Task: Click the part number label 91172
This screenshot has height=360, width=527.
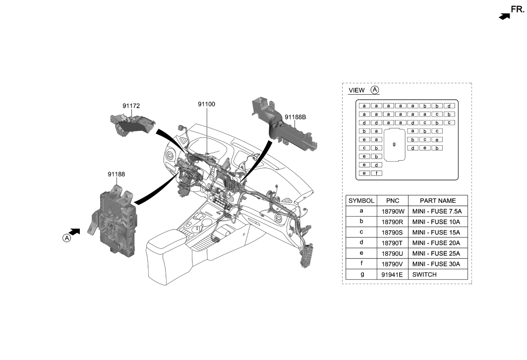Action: (131, 106)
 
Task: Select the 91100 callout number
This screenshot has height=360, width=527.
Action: (206, 105)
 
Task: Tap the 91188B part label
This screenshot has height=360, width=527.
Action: (295, 118)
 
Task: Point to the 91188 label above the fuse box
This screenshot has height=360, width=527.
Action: (117, 174)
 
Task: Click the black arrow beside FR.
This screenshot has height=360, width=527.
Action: (504, 16)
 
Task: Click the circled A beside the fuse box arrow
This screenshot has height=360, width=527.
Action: (66, 238)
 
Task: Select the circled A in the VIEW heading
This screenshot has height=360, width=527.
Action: (375, 90)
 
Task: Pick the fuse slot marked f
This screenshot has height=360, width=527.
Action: (376, 173)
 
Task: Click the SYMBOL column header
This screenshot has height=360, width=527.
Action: (361, 201)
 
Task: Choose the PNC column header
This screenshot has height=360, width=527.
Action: (392, 201)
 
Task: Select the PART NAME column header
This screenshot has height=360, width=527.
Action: (437, 201)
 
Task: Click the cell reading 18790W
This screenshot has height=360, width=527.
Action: (392, 211)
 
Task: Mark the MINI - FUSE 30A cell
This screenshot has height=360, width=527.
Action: (437, 264)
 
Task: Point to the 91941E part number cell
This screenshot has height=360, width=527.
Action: (392, 275)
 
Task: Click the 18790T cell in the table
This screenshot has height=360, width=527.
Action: (392, 243)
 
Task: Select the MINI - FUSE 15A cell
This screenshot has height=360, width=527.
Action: (437, 232)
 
